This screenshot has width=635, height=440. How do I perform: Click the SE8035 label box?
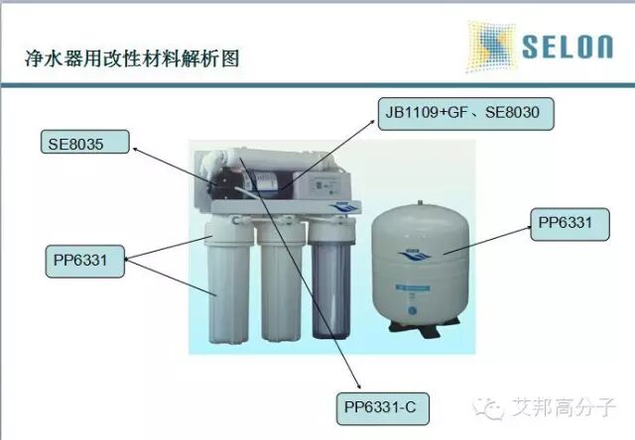(85, 143)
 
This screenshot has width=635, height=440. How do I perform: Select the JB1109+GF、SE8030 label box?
(464, 113)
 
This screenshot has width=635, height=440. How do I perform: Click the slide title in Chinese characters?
(132, 57)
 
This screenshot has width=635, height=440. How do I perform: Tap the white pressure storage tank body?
(419, 258)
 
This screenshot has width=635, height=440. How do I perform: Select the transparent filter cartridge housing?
(328, 287)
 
